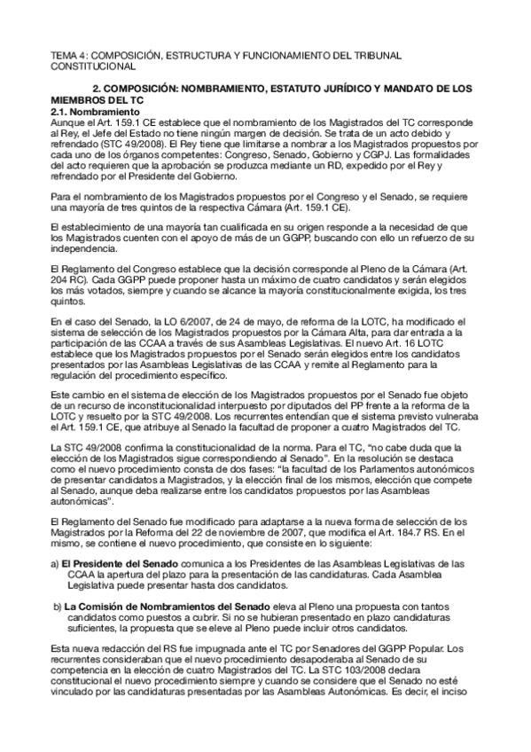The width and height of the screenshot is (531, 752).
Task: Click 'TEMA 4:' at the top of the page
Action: click(x=68, y=55)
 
